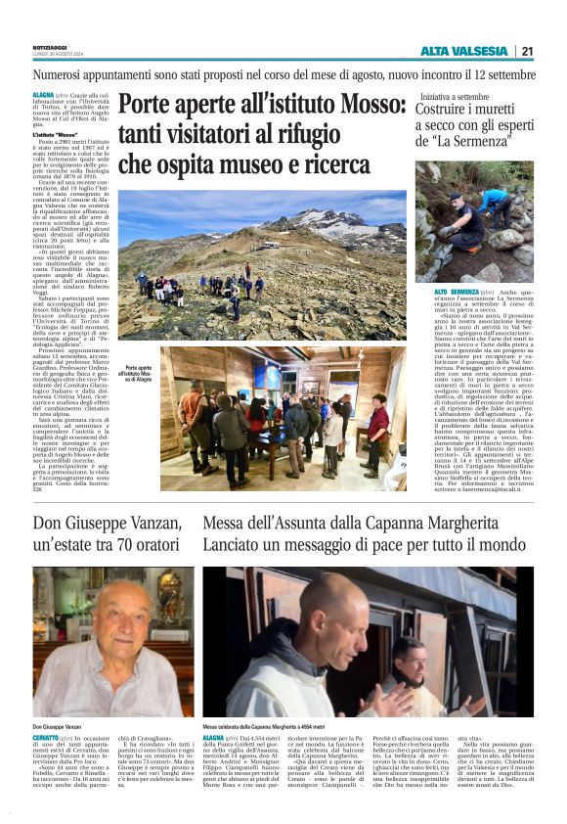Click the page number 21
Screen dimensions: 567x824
(527, 52)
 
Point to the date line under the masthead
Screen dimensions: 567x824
(49, 55)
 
